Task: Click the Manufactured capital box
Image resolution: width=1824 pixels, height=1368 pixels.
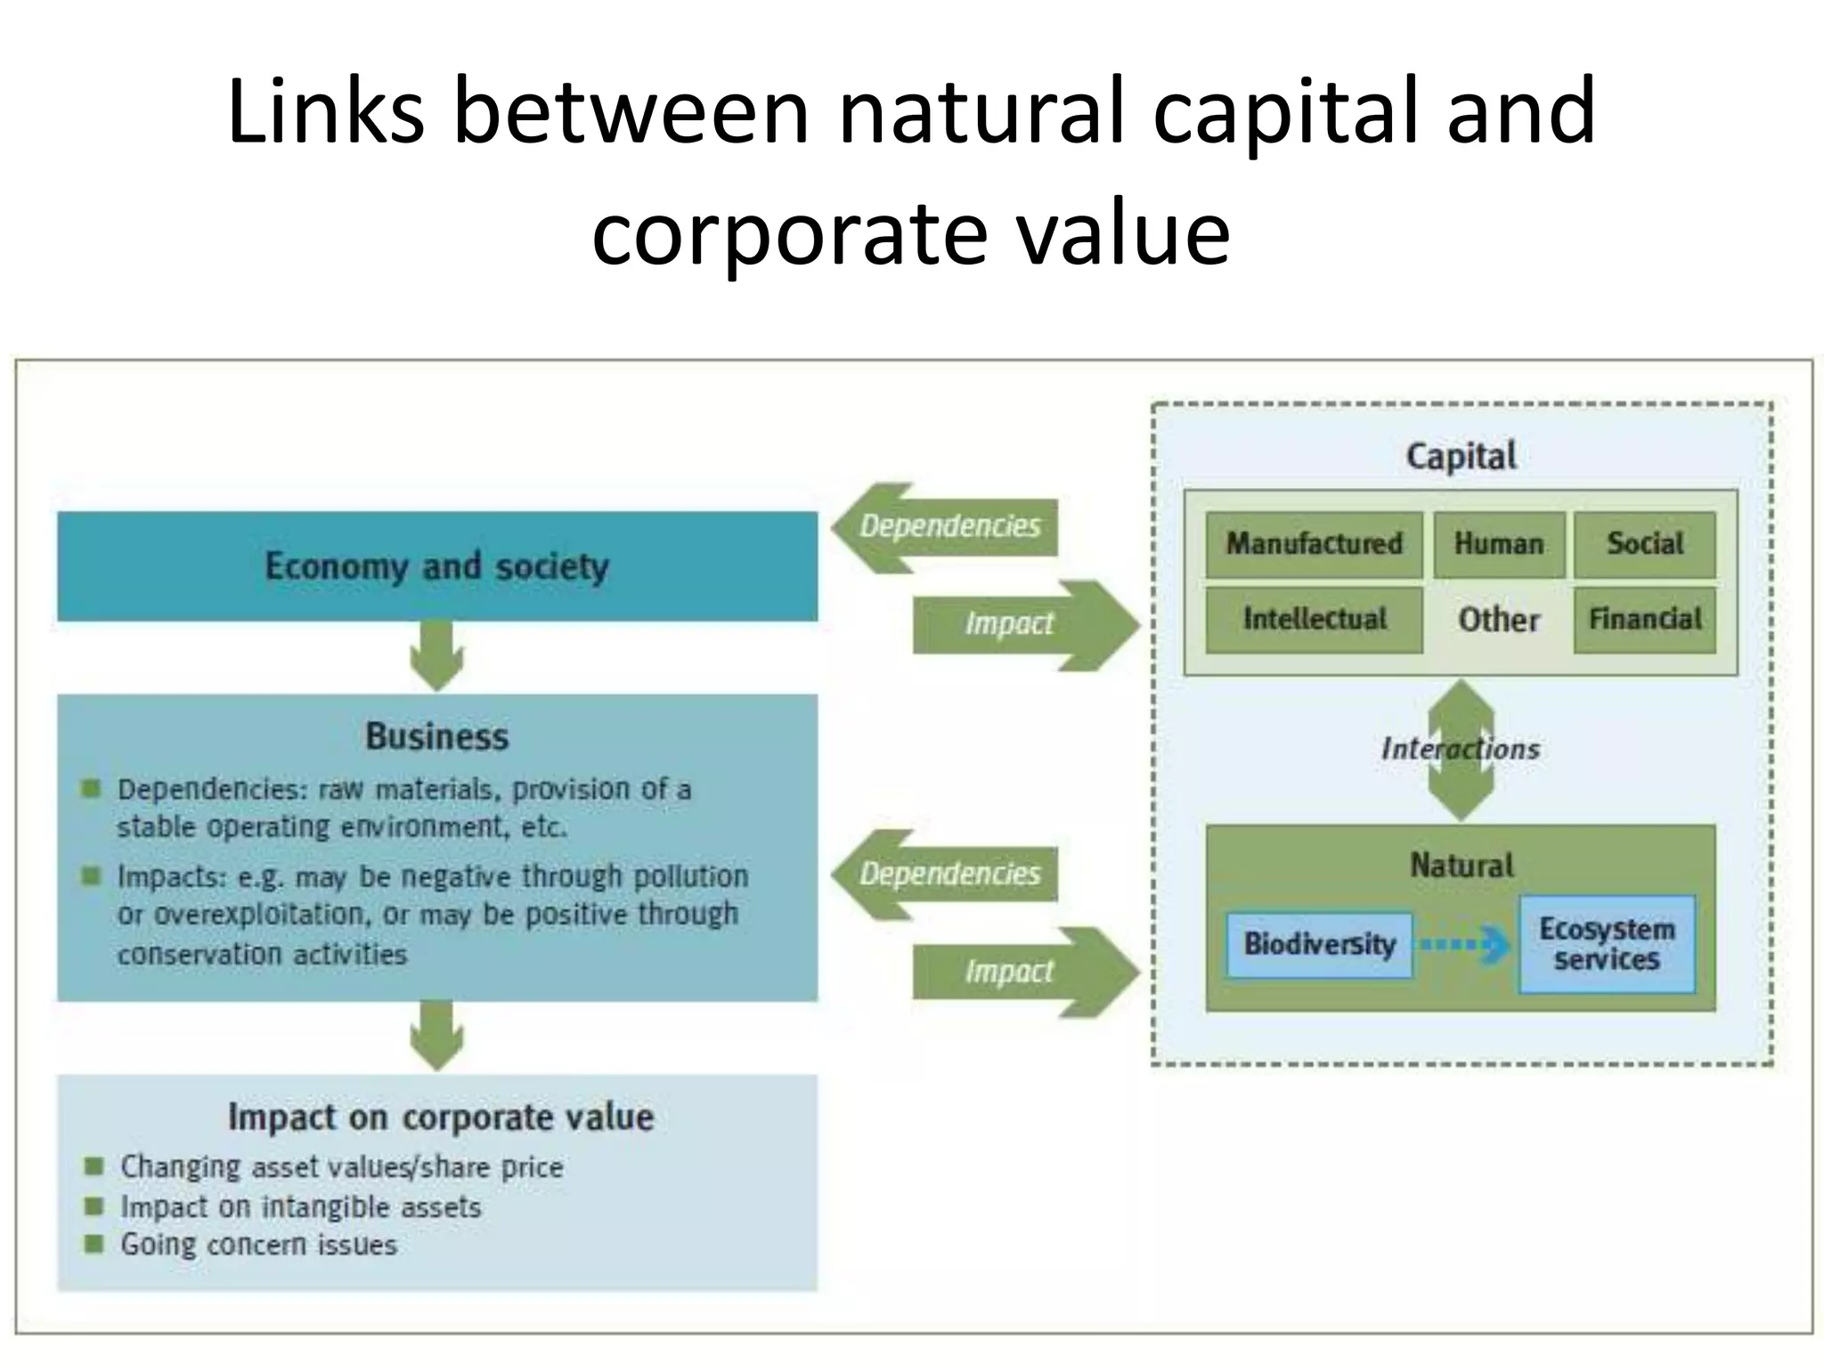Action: click(x=1314, y=543)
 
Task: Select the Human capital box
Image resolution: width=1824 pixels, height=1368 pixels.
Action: click(x=1499, y=543)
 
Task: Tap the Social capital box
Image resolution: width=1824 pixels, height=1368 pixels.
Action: click(x=1644, y=543)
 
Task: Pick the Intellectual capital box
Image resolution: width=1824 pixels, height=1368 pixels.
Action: click(x=1314, y=619)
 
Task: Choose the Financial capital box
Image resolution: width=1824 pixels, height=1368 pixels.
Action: click(x=1644, y=619)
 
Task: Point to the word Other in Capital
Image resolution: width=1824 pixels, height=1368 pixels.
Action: click(x=1498, y=620)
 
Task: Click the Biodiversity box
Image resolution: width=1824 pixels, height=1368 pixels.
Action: click(x=1319, y=944)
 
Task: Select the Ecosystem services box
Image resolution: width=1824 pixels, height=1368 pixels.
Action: click(x=1607, y=944)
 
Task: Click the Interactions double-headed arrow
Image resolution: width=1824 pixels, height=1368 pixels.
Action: click(x=1462, y=749)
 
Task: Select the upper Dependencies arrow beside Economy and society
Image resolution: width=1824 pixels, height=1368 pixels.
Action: click(x=944, y=527)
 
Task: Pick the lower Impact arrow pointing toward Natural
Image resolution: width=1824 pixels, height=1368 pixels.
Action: click(x=1024, y=972)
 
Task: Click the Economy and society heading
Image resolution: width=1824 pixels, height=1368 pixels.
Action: click(x=436, y=566)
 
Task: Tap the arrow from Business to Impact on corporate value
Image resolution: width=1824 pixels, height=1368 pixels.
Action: click(x=436, y=1036)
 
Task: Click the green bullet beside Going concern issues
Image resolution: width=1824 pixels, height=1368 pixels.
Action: click(x=94, y=1243)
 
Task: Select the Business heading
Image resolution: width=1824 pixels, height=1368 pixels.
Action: click(x=436, y=737)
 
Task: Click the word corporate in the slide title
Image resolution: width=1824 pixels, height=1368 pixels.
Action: click(x=789, y=232)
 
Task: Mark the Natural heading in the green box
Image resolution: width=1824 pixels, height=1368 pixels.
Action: click(x=1461, y=866)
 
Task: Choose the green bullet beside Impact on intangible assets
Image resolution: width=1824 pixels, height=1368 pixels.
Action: click(x=94, y=1206)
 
